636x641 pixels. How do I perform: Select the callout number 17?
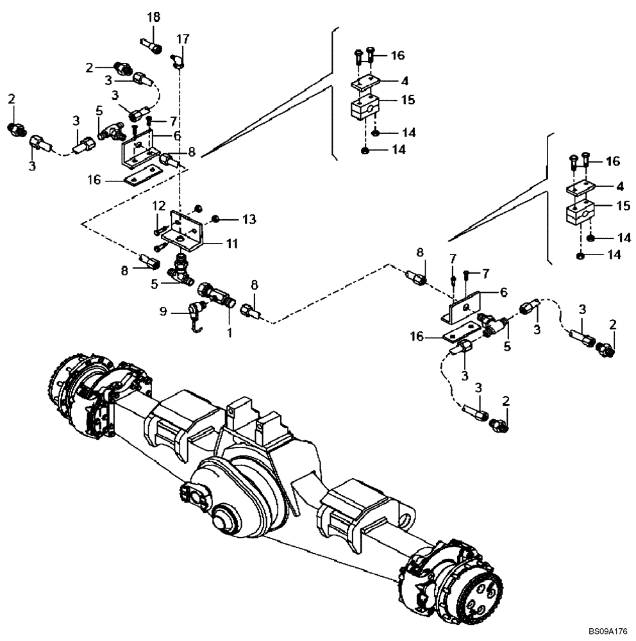183,39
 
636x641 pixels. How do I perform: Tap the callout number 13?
231,220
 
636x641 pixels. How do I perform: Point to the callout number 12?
159,205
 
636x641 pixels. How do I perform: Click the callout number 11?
231,244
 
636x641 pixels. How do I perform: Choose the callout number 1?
229,333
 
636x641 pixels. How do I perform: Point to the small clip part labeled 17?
179,62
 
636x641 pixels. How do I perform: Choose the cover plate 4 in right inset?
581,188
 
